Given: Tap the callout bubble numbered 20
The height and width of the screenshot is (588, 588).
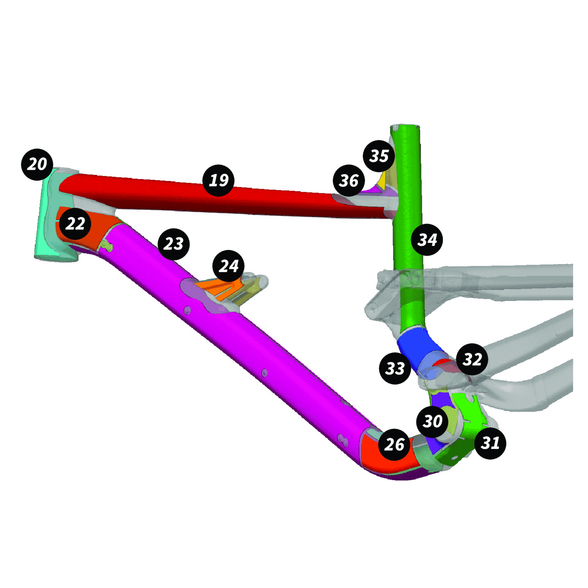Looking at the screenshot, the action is (37, 164).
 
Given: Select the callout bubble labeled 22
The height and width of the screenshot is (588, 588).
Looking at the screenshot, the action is (75, 224).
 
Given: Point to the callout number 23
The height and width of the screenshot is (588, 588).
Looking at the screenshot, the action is (173, 244).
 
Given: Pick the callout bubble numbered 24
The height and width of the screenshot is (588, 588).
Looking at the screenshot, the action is (228, 266).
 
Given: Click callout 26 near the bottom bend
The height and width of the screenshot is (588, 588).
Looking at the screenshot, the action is (394, 445).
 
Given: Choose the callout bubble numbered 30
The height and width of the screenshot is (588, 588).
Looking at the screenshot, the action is (432, 421).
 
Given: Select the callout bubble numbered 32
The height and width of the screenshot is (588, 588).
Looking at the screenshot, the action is (472, 359).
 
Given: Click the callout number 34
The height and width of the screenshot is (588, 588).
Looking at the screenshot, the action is (427, 240).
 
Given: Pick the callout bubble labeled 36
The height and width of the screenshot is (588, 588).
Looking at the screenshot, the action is (349, 181).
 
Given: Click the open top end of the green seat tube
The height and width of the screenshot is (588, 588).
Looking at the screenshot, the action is (405, 127).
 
